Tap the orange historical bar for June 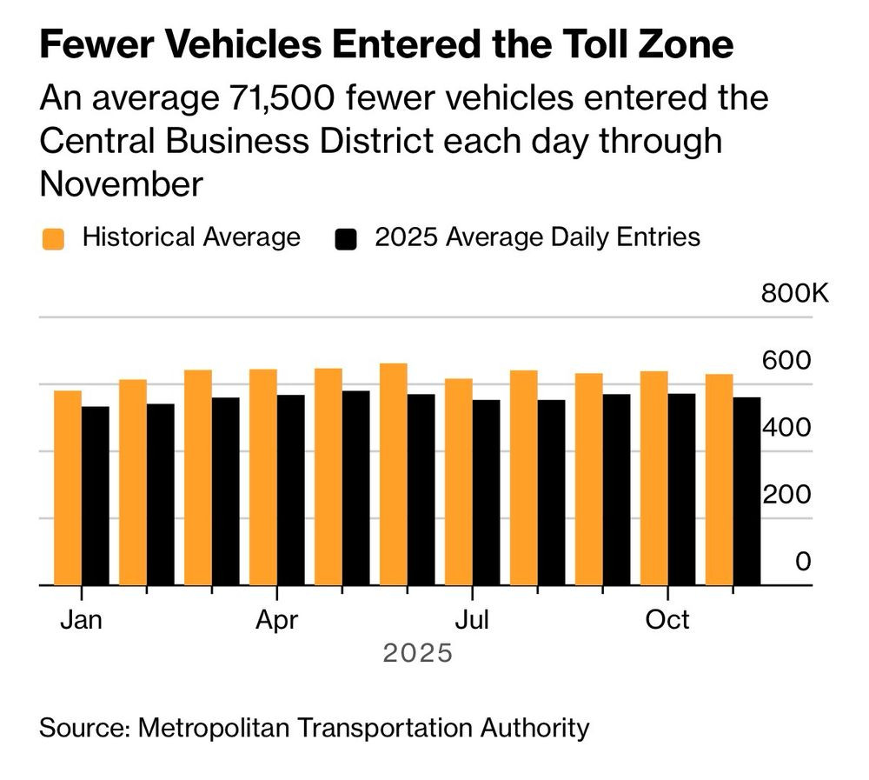(x=394, y=474)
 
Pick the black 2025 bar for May (x=355, y=488)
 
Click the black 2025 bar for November (x=746, y=491)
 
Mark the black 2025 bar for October (x=681, y=490)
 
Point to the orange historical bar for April (x=263, y=477)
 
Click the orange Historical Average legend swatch (x=53, y=238)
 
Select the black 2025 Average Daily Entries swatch (x=347, y=238)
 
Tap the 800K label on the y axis (x=795, y=293)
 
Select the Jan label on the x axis (x=81, y=620)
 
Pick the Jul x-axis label (x=471, y=620)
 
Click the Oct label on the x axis (x=667, y=620)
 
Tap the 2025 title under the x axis (x=418, y=652)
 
